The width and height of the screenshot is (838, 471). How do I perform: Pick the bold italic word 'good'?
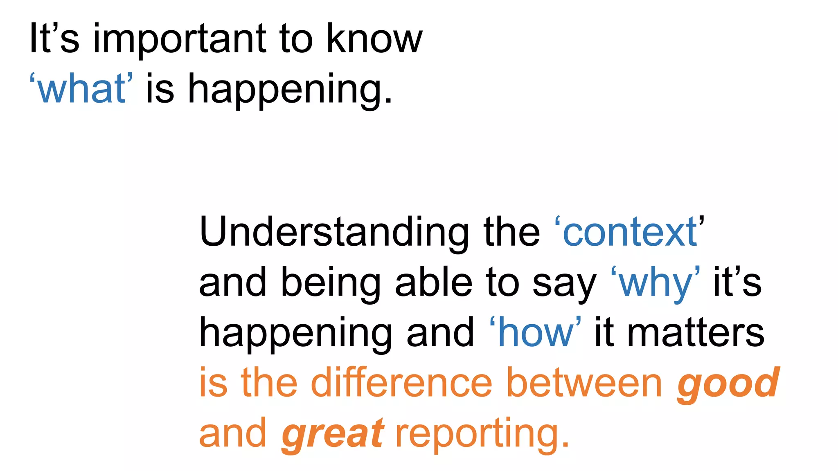coord(728,384)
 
